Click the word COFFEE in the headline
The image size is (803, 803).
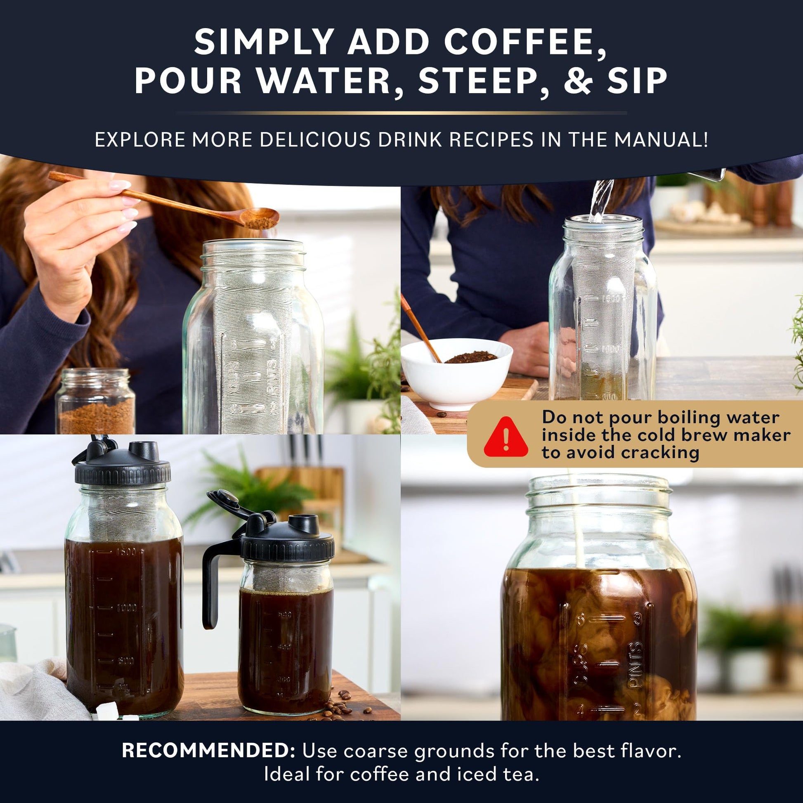525,42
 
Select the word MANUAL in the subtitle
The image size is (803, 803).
661,140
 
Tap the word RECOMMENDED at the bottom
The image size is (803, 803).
208,751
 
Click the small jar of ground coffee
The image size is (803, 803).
96,401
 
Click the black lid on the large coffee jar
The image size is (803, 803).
123,470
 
